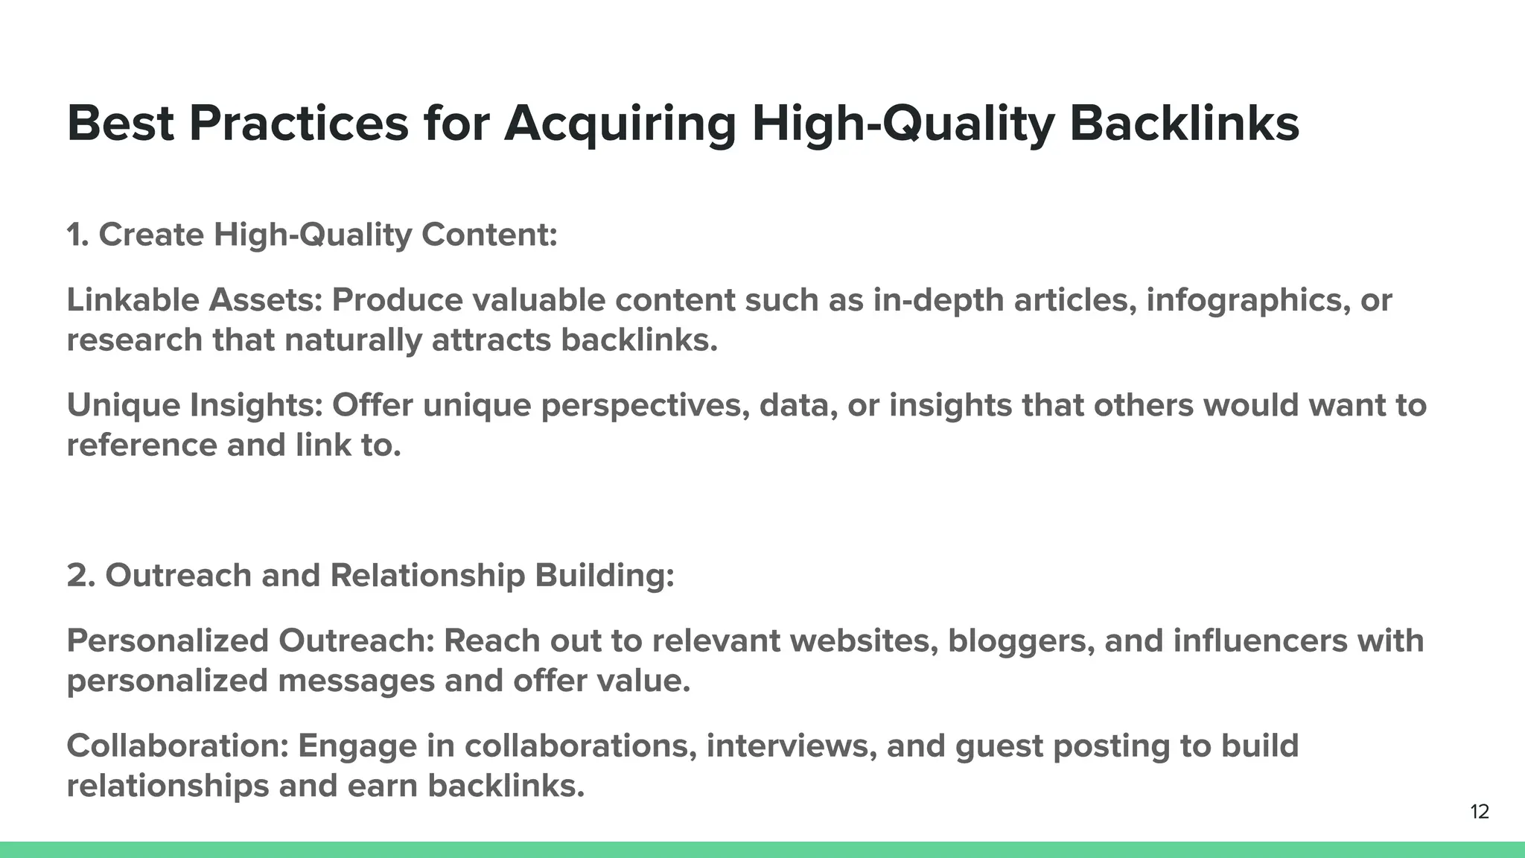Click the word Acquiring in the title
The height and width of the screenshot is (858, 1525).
[620, 124]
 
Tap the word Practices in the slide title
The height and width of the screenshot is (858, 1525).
[298, 124]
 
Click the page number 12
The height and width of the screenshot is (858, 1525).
[1480, 812]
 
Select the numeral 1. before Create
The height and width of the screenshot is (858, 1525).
[77, 235]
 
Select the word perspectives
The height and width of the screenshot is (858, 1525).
[645, 406]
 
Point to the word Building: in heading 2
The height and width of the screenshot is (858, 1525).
[604, 576]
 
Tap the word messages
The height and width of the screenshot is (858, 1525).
[356, 681]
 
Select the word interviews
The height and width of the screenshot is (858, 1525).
[791, 746]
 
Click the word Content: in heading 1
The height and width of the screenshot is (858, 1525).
[489, 235]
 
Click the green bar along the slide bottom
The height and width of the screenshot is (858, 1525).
[762, 850]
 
